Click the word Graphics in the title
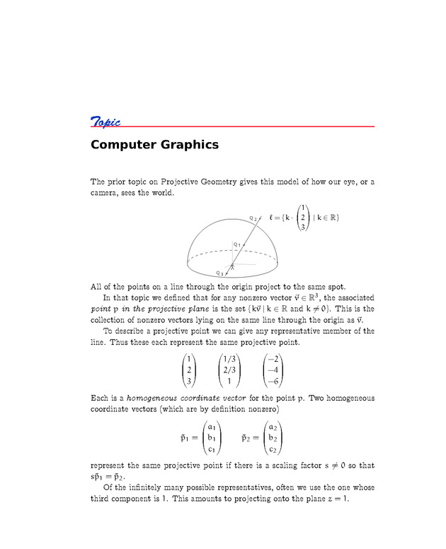(189, 146)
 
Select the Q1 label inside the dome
(237, 244)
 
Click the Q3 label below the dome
(219, 273)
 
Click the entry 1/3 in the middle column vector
(229, 359)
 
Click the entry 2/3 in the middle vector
(229, 370)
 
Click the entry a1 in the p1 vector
(212, 427)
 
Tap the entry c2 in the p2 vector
(272, 449)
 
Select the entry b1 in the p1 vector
(212, 438)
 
